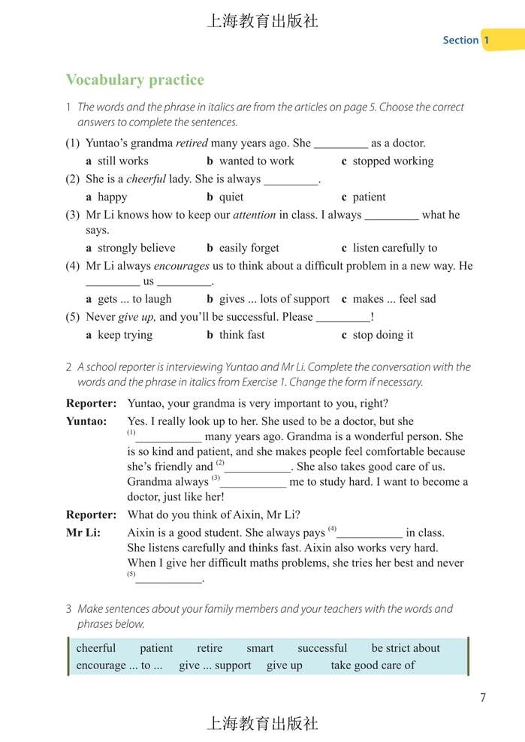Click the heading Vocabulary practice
[x=134, y=80]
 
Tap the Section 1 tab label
[x=466, y=40]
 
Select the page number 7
[x=483, y=698]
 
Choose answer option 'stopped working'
[x=393, y=161]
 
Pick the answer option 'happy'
[x=112, y=197]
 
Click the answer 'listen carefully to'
[x=394, y=248]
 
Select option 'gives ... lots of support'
[x=274, y=299]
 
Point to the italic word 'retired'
[x=192, y=143]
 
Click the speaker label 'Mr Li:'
[x=83, y=532]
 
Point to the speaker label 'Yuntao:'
[x=86, y=421]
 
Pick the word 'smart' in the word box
[x=260, y=648]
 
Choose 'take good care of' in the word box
[x=373, y=665]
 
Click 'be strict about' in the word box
[x=406, y=648]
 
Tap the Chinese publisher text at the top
[x=262, y=21]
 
